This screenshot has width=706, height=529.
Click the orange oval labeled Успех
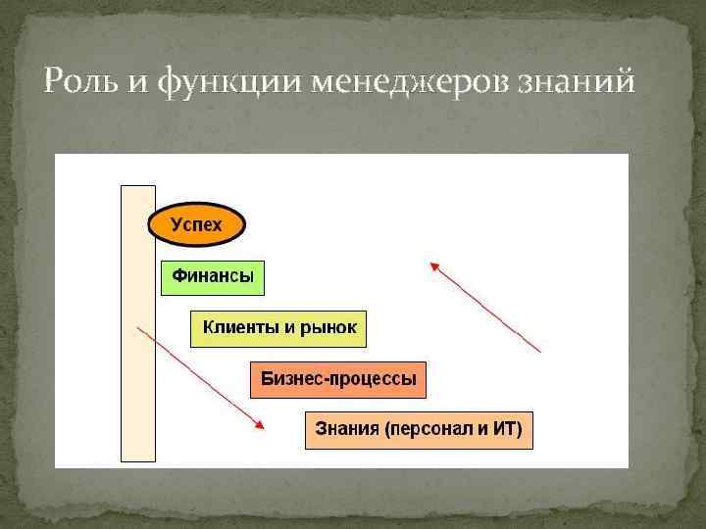pyautogui.click(x=196, y=225)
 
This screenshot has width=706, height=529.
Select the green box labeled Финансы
pyautogui.click(x=213, y=277)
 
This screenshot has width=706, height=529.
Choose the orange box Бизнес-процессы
pyautogui.click(x=338, y=378)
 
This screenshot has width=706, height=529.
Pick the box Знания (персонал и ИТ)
pyautogui.click(x=419, y=429)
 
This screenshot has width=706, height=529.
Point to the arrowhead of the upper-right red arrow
pyautogui.click(x=431, y=264)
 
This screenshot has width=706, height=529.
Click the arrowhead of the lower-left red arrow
pyautogui.click(x=262, y=424)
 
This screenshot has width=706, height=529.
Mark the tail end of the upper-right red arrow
pyautogui.click(x=540, y=351)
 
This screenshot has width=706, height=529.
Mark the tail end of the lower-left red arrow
pyautogui.click(x=138, y=328)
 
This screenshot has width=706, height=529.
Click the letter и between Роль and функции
pyautogui.click(x=137, y=82)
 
